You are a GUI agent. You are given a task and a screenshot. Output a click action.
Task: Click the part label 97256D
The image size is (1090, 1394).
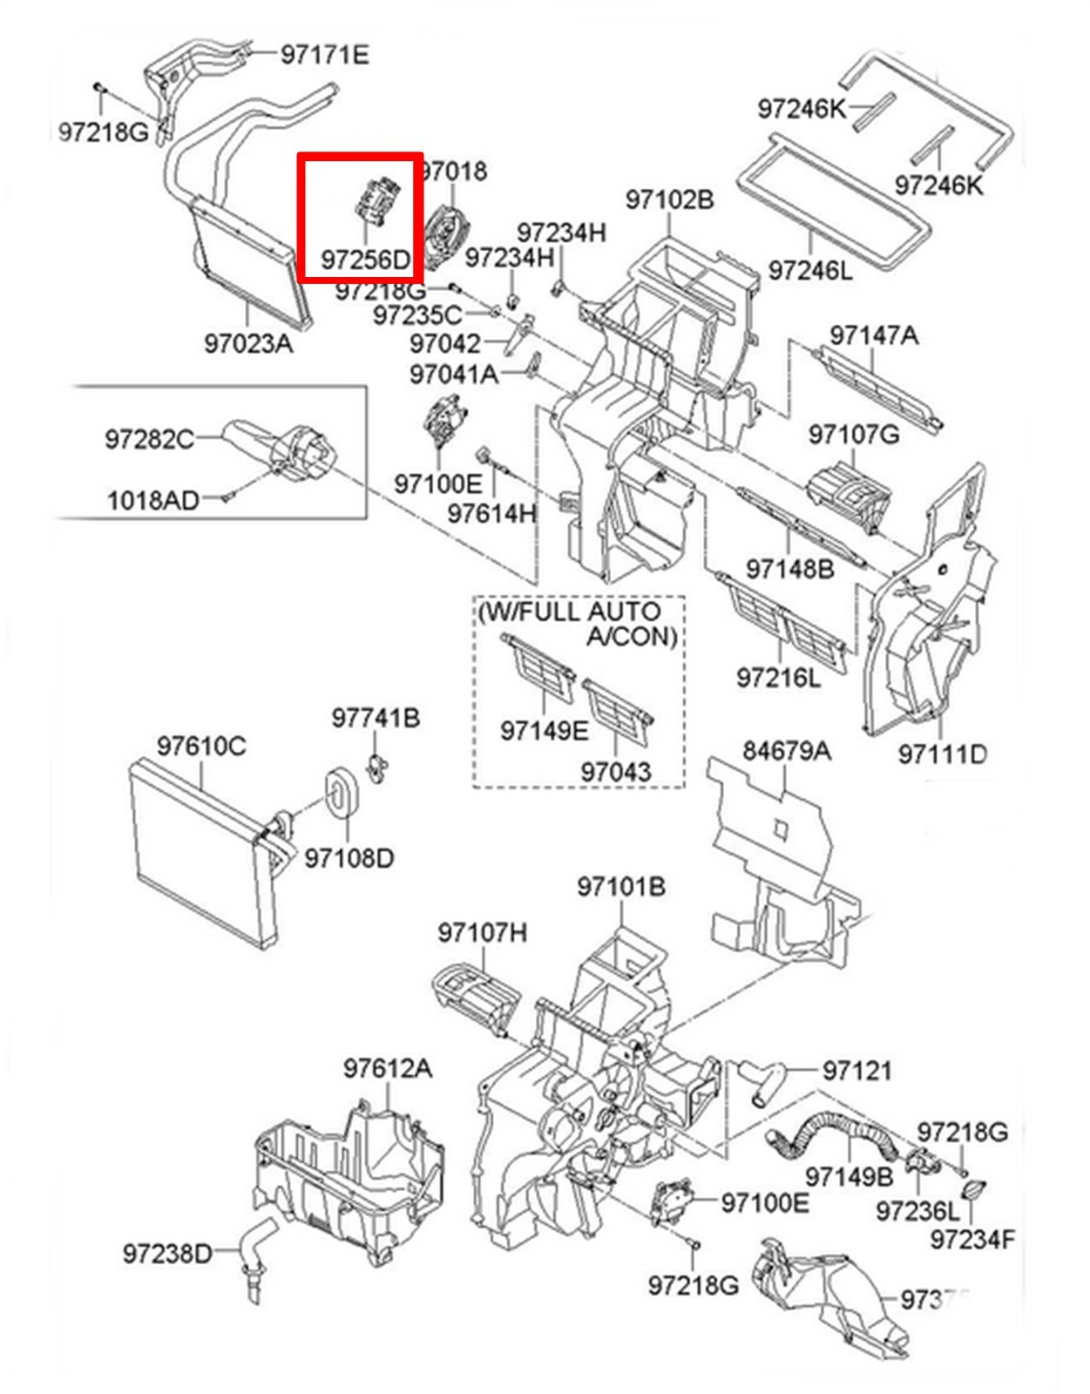pyautogui.click(x=364, y=260)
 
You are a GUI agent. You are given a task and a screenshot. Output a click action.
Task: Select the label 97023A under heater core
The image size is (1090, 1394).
pyautogui.click(x=248, y=343)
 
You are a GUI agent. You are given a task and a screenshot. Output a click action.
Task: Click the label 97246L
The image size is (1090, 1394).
pyautogui.click(x=810, y=271)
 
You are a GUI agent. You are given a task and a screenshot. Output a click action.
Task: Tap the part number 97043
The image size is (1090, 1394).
pyautogui.click(x=616, y=772)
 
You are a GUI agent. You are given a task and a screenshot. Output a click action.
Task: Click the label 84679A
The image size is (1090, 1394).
pyautogui.click(x=786, y=750)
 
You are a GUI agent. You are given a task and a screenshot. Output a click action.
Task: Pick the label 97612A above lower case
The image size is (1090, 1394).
pyautogui.click(x=387, y=1068)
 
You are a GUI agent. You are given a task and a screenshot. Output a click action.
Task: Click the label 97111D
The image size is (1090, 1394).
pyautogui.click(x=942, y=754)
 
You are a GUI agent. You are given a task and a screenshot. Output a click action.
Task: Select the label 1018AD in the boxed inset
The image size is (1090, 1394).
pyautogui.click(x=153, y=500)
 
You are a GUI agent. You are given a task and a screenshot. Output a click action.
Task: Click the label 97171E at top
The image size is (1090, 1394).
pyautogui.click(x=324, y=55)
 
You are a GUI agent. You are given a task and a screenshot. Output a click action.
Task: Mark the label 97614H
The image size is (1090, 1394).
pyautogui.click(x=491, y=514)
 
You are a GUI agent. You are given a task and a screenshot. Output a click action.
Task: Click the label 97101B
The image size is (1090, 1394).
pyautogui.click(x=621, y=887)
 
